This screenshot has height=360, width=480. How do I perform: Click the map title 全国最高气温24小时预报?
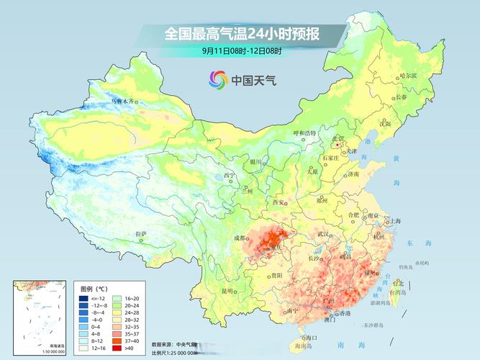[x=242, y=34]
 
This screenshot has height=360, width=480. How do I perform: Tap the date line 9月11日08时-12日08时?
[x=242, y=50]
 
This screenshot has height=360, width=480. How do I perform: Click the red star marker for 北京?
[x=337, y=144]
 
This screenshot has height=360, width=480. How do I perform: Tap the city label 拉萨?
[x=141, y=234]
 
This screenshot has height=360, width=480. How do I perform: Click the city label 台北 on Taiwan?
[x=398, y=284]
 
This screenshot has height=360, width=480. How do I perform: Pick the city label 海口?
[x=311, y=337]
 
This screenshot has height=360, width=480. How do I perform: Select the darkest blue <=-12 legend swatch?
[x=83, y=297]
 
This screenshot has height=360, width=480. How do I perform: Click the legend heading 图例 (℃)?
[x=96, y=288]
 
